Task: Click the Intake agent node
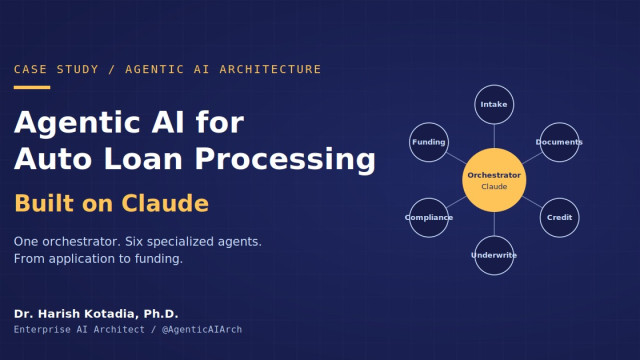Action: (x=494, y=104)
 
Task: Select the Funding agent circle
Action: (x=429, y=142)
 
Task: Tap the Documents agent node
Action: (x=559, y=142)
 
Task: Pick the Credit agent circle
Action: (x=559, y=218)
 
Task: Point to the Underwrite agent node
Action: (x=494, y=256)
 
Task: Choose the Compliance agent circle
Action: (x=429, y=218)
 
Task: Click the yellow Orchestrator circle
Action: (x=494, y=180)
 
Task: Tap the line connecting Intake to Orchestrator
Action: (x=494, y=136)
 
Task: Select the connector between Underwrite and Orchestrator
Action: (x=494, y=224)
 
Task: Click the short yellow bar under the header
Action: (x=32, y=87)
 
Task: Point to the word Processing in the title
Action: (x=285, y=159)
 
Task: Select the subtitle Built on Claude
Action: (x=111, y=203)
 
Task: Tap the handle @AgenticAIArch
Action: (x=202, y=329)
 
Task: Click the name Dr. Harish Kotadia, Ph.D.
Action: (x=96, y=314)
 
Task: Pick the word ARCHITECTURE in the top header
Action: (x=270, y=69)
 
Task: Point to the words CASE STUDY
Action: (x=56, y=69)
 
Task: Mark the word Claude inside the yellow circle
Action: (x=494, y=187)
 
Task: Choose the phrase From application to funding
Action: (x=98, y=259)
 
